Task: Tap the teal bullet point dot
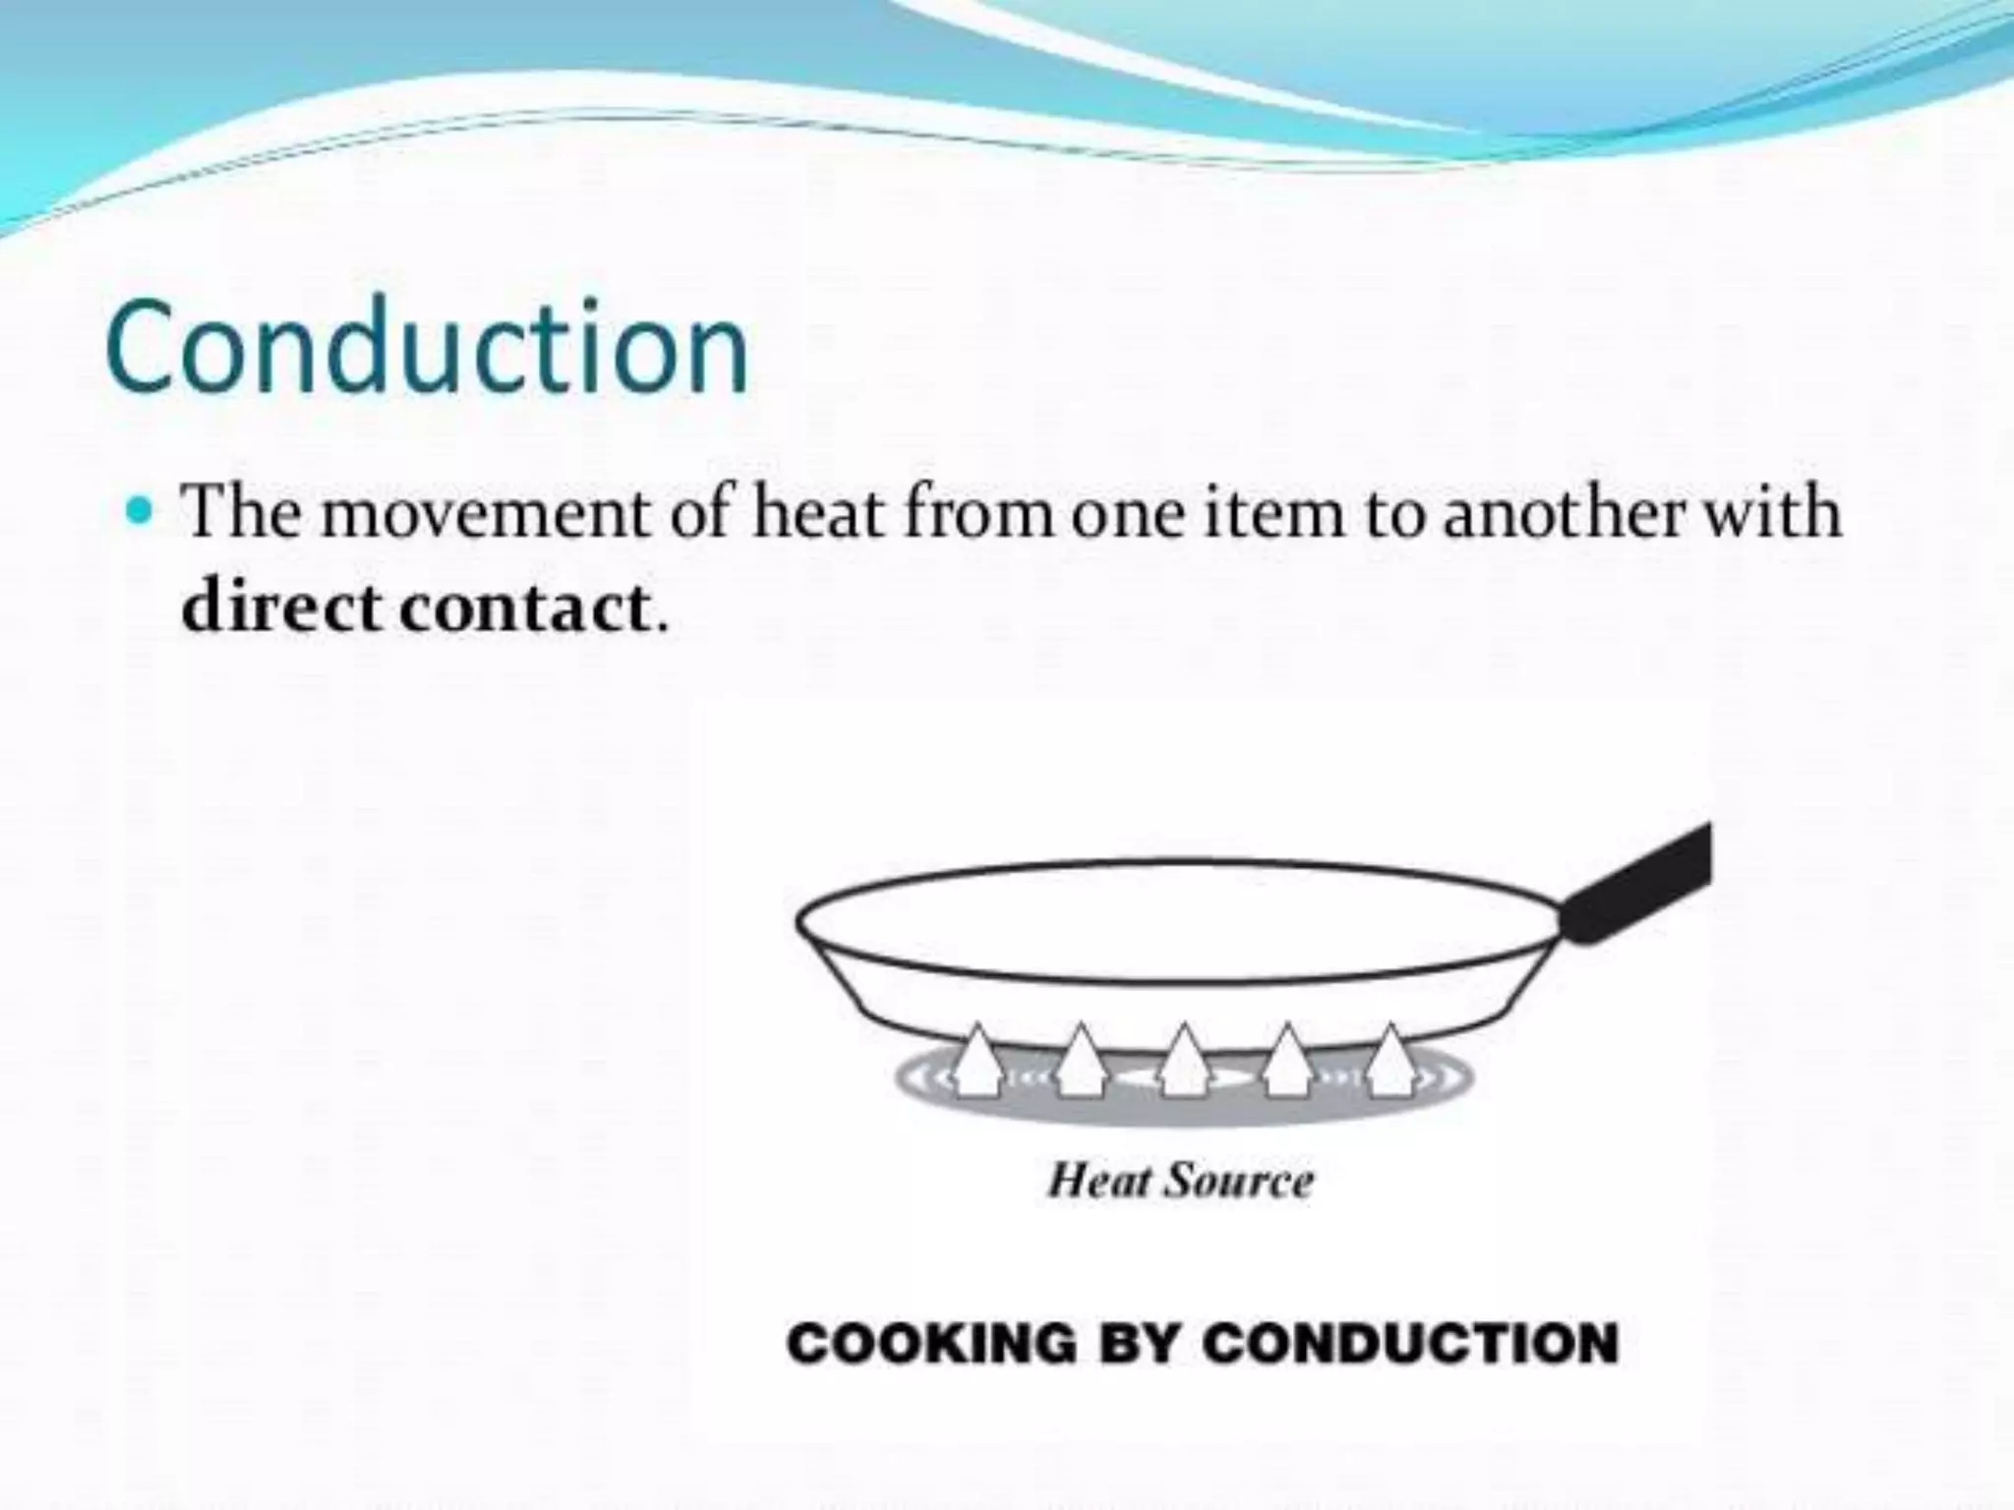(x=144, y=511)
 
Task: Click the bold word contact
(x=524, y=608)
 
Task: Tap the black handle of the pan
(x=1642, y=885)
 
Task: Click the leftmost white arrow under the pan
(x=977, y=1061)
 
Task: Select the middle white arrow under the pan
(x=1183, y=1061)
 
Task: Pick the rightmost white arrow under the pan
(x=1389, y=1061)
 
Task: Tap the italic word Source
(x=1238, y=1181)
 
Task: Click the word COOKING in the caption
(x=932, y=1343)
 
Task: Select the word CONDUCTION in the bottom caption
(x=1410, y=1343)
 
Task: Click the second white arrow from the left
(x=1080, y=1061)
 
